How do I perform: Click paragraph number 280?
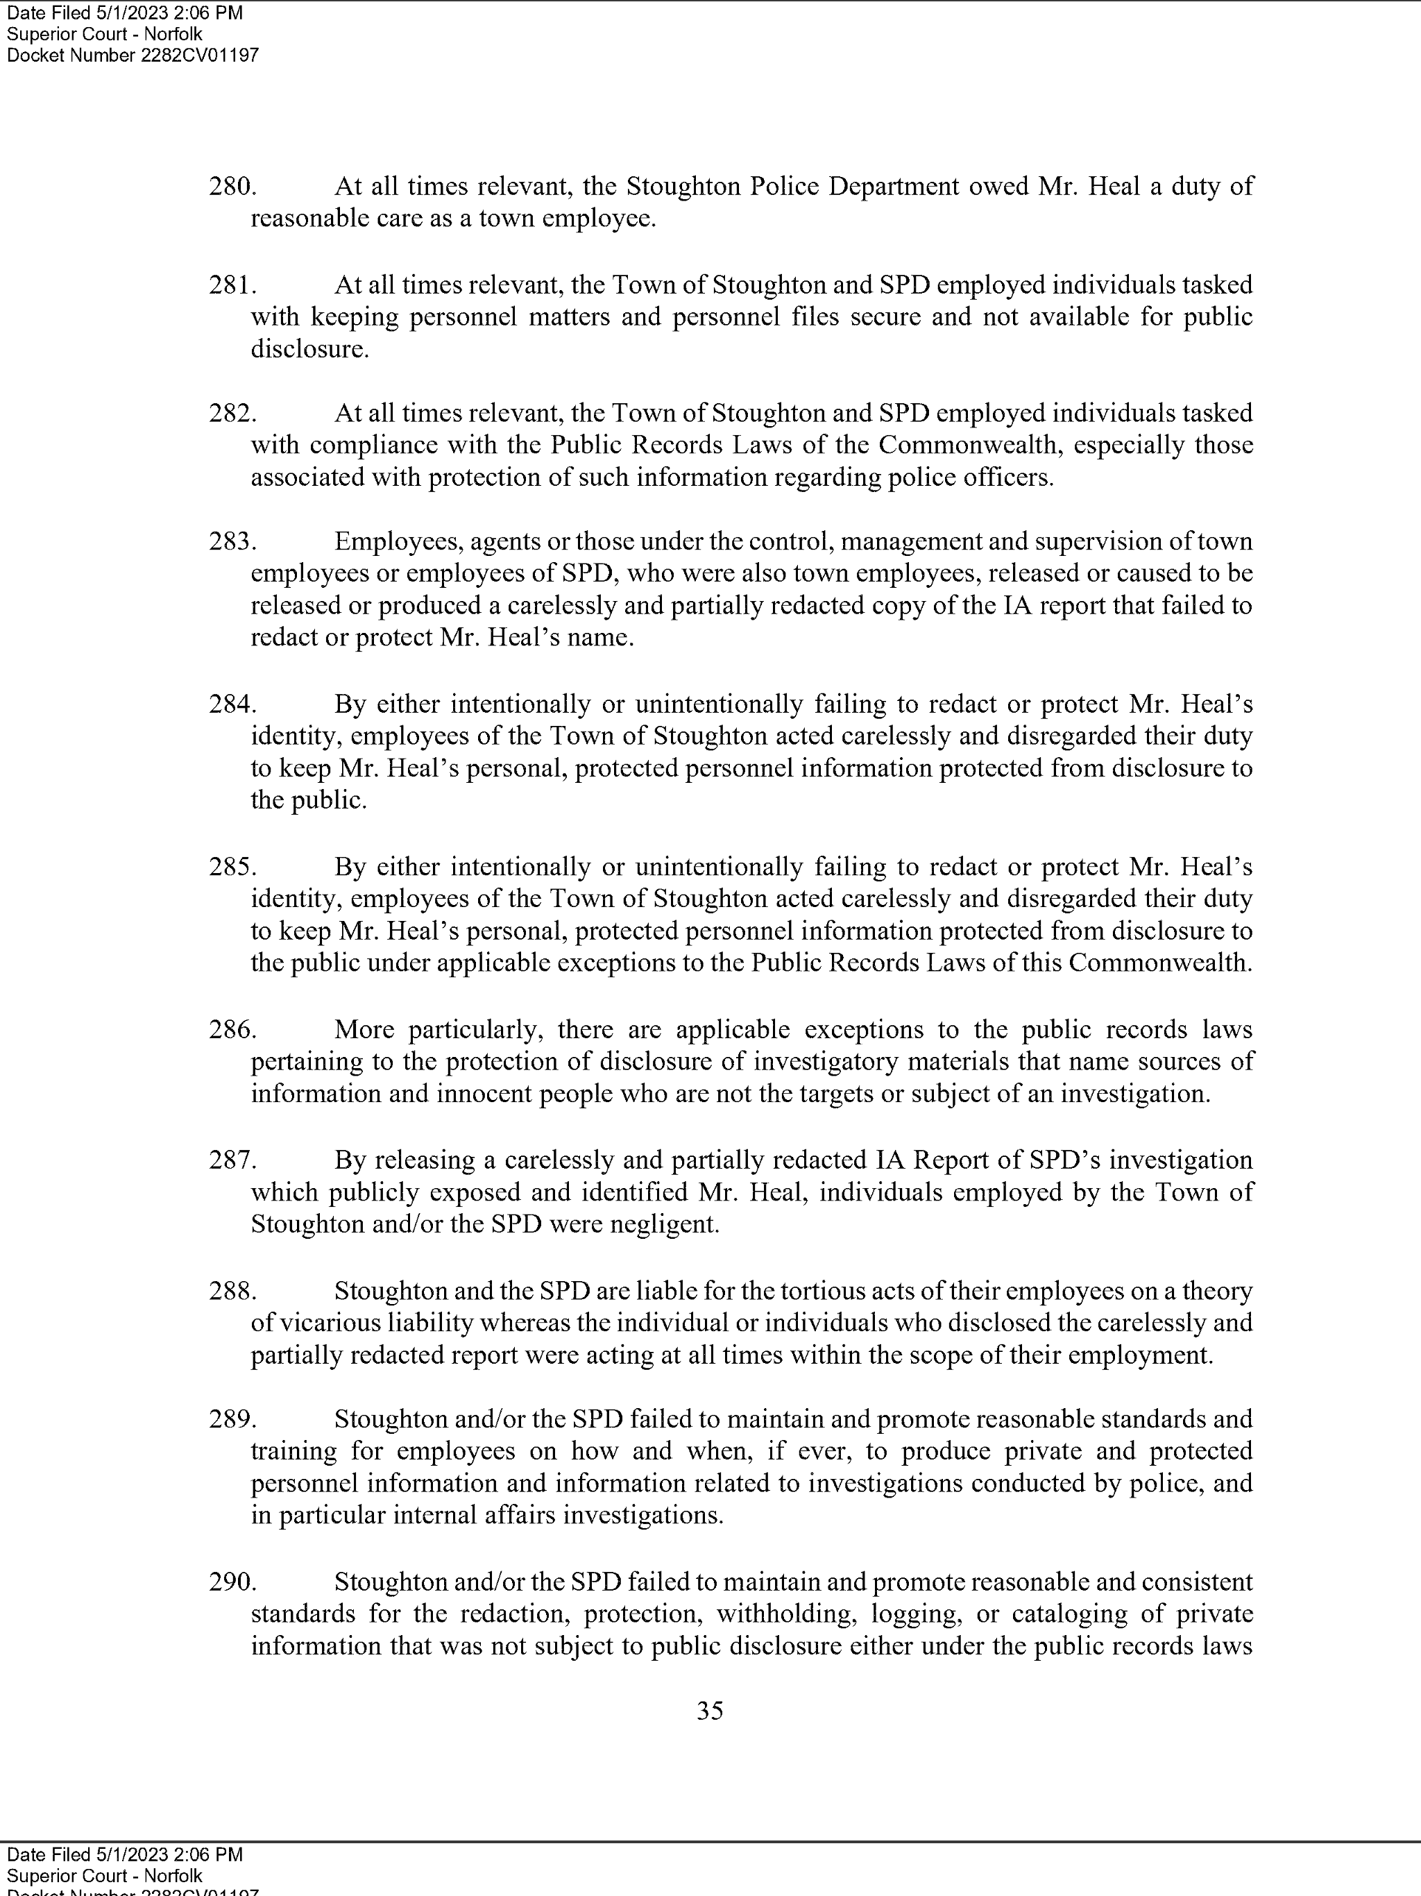pos(232,186)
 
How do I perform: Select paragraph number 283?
pos(232,542)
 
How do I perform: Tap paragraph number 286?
pos(232,1029)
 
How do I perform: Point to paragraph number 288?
pos(232,1291)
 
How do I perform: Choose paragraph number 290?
pos(232,1582)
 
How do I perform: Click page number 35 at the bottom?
pos(710,1711)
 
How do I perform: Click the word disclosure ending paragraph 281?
pos(309,350)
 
